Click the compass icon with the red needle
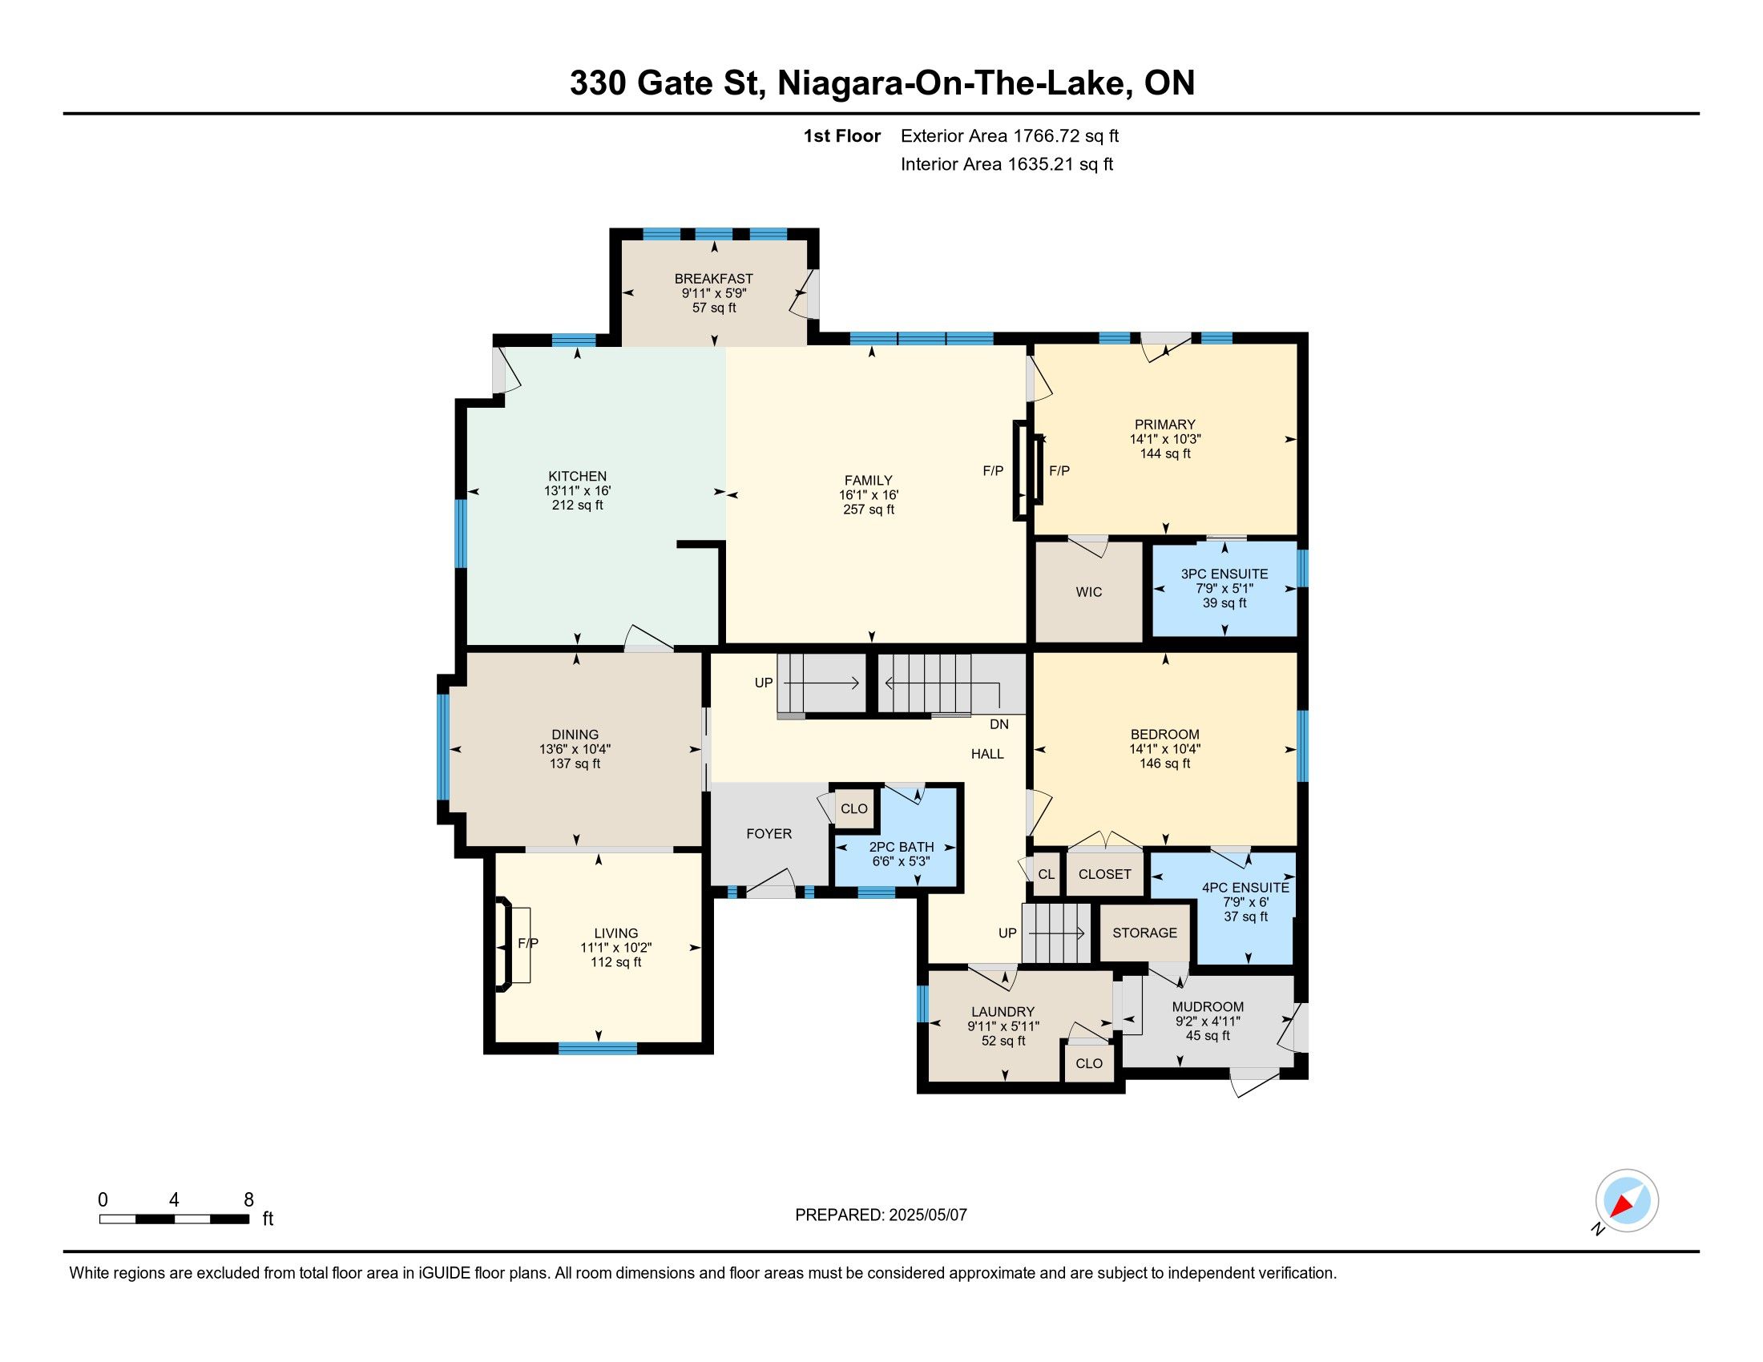[x=1627, y=1201]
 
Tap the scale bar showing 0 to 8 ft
[x=175, y=1219]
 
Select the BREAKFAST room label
[x=713, y=279]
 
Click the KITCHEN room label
[x=577, y=476]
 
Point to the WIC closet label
[x=1088, y=592]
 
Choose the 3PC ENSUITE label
[x=1224, y=574]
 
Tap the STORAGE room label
[x=1144, y=933]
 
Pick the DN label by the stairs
[x=999, y=724]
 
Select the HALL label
[x=987, y=755]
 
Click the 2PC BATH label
[x=901, y=847]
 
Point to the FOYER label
[x=769, y=834]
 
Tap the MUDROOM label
[x=1208, y=1007]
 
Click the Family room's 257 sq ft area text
[x=869, y=510]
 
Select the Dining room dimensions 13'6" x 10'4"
[x=575, y=749]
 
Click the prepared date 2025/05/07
[x=926, y=1215]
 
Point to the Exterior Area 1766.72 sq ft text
[x=1010, y=136]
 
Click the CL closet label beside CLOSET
[x=1046, y=875]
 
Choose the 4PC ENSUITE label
[x=1245, y=888]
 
